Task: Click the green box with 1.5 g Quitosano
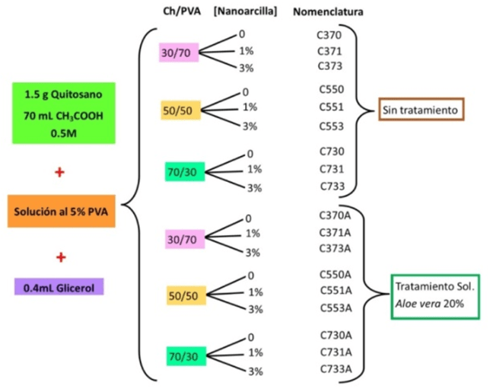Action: (59, 112)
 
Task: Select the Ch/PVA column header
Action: (177, 13)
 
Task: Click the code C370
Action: (330, 35)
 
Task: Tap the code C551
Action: (330, 107)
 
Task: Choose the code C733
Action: (330, 185)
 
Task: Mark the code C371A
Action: (334, 232)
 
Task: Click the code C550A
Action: (334, 274)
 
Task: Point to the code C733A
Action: (334, 369)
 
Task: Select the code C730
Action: (330, 152)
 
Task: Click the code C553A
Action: (334, 308)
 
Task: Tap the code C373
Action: (330, 66)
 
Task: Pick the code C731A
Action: (334, 352)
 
